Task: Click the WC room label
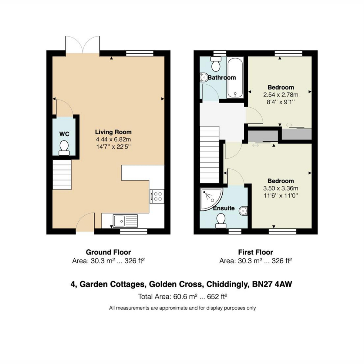tap(64, 134)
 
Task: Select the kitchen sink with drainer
tap(125, 221)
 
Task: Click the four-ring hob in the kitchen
tap(157, 196)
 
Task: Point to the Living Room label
tap(113, 132)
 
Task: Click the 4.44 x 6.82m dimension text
tap(113, 140)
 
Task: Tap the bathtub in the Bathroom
tap(235, 77)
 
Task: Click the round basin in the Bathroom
tap(204, 77)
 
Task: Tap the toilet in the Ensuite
tap(221, 221)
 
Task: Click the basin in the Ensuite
tap(243, 211)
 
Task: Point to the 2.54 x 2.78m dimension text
tap(281, 95)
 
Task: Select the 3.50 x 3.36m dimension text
tap(281, 188)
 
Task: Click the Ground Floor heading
tap(108, 252)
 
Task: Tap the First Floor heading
tap(255, 252)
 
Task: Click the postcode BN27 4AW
tap(272, 284)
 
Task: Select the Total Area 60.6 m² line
tap(183, 297)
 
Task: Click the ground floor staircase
tap(62, 175)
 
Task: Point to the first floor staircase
tap(210, 154)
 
